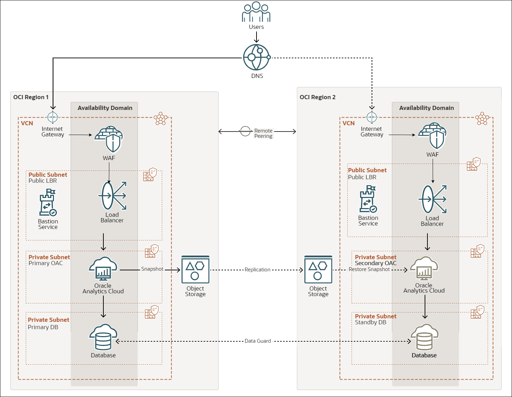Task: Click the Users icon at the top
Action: (x=256, y=13)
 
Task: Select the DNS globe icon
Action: (x=257, y=57)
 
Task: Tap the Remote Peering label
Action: (x=263, y=133)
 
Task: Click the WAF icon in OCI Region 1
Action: (x=109, y=140)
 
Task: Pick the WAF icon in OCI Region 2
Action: (x=432, y=136)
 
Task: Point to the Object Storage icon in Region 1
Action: (x=195, y=270)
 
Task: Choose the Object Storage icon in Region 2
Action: (x=318, y=270)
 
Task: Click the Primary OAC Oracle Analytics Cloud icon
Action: (x=103, y=269)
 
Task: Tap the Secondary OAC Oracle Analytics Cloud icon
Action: (x=424, y=269)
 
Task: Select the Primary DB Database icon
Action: (x=103, y=337)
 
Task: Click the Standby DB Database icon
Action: (x=424, y=337)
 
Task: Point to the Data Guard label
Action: (x=258, y=341)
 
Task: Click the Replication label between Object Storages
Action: (x=257, y=270)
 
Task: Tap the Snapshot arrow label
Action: (x=152, y=269)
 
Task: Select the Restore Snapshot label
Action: (x=369, y=269)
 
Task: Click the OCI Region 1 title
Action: (x=31, y=97)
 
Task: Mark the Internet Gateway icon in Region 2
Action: (x=372, y=117)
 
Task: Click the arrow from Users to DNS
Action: (x=256, y=37)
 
